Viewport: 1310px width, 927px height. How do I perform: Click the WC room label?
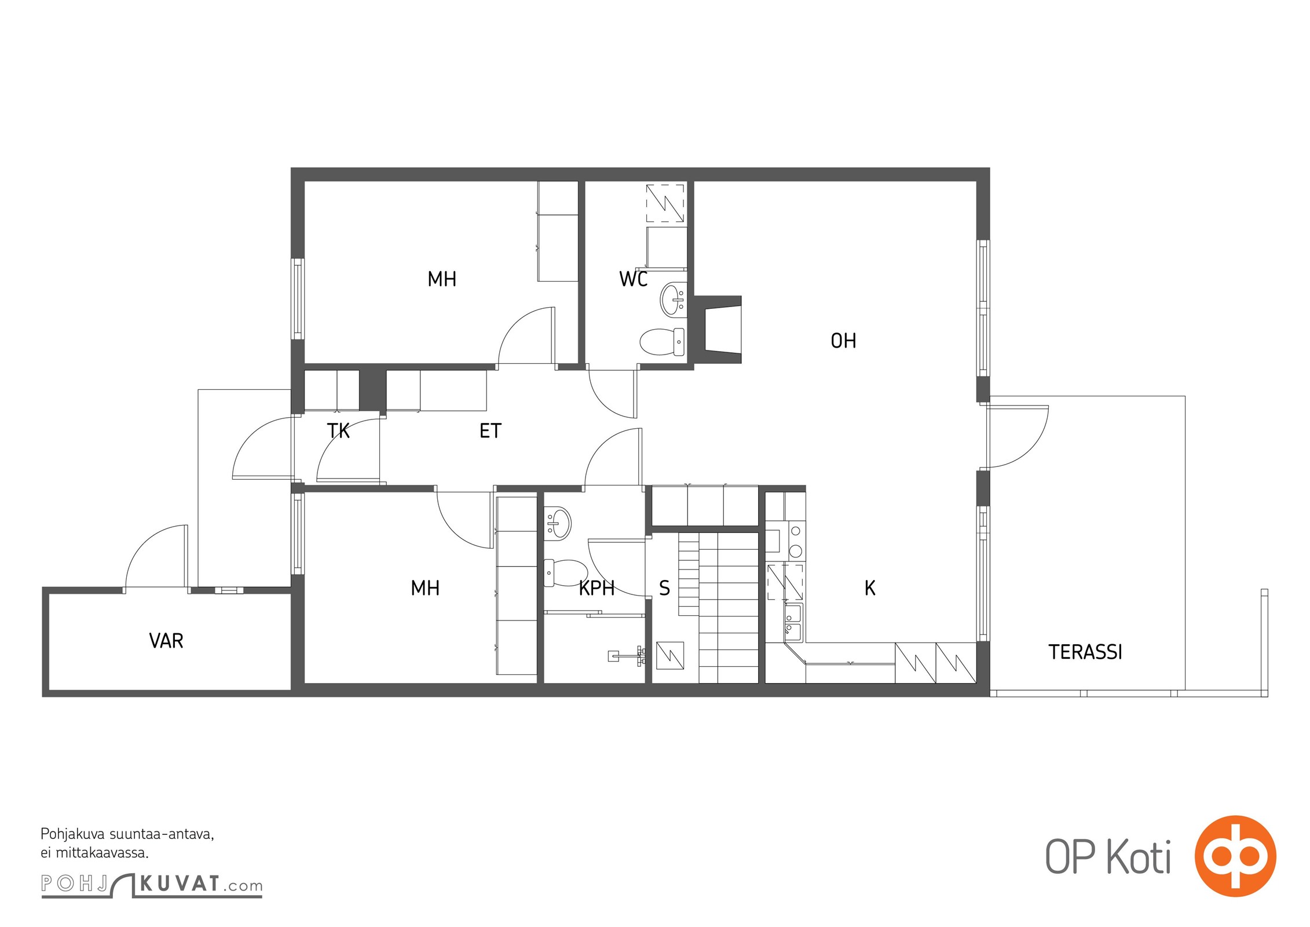[633, 279]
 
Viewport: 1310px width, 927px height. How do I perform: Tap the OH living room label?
[843, 341]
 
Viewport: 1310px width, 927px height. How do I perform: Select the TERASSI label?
[1085, 652]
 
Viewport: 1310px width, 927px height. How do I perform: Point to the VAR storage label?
[166, 641]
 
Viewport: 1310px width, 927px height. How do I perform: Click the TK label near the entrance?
[338, 431]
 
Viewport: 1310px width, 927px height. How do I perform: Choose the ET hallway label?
[490, 431]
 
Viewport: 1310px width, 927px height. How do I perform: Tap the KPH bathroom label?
[597, 589]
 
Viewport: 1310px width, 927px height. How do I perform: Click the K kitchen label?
[869, 589]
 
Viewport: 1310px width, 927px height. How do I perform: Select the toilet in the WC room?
[662, 342]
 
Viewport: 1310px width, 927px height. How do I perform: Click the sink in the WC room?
[672, 299]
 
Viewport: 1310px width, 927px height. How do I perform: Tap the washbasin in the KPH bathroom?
[558, 523]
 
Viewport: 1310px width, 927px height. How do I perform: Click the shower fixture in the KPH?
[627, 655]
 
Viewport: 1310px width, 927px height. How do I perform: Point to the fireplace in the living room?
[718, 329]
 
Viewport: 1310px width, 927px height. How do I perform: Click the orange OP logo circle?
[1235, 856]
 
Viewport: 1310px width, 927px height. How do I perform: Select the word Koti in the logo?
[1139, 856]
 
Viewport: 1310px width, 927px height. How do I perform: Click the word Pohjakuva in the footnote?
[72, 835]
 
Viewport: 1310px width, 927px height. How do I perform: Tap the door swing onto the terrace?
[1018, 436]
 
